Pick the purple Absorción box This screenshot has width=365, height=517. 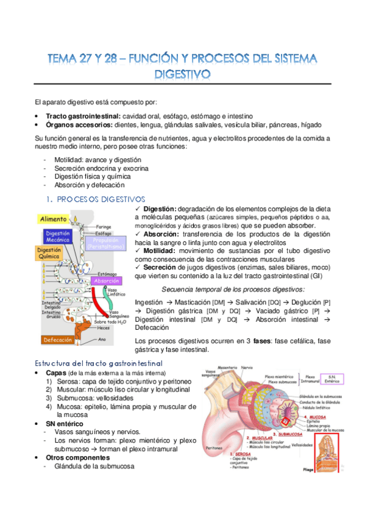click(x=105, y=281)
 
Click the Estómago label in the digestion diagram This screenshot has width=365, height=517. click(x=108, y=274)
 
